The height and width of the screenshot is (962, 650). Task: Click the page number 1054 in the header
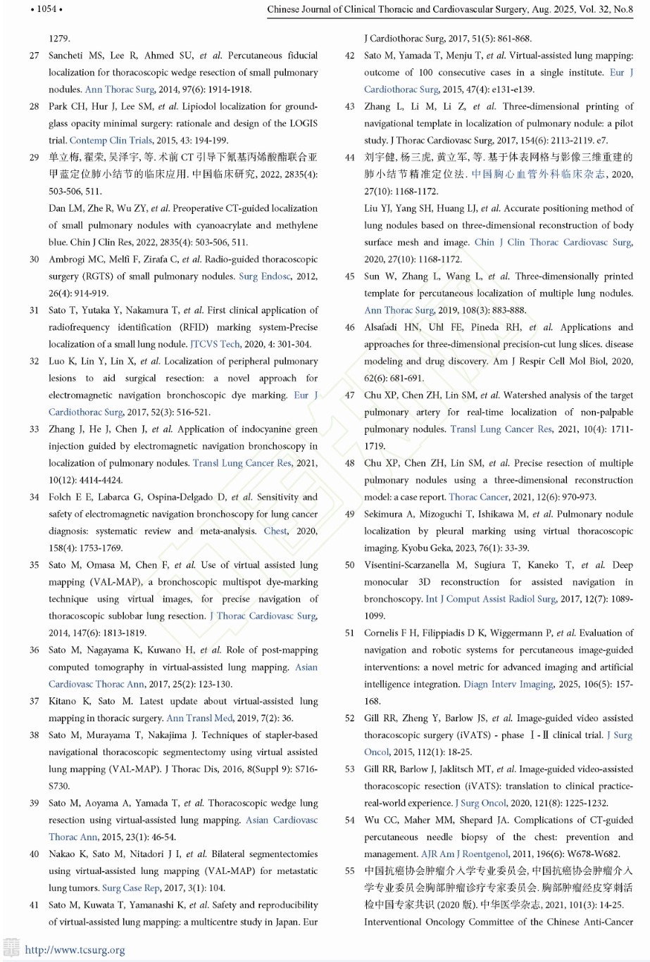[x=46, y=9]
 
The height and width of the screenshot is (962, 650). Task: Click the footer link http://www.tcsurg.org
[x=75, y=950]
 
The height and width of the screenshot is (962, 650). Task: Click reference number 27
[x=34, y=56]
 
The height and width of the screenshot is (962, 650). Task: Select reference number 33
[x=34, y=429]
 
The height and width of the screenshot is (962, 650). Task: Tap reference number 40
[x=34, y=854]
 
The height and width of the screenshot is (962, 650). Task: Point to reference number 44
[x=350, y=158]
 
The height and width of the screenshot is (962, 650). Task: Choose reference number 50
[x=350, y=565]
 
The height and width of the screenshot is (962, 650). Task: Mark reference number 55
[x=350, y=871]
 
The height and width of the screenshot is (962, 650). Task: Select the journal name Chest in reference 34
[x=275, y=531]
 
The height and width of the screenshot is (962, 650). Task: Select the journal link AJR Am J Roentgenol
[x=464, y=854]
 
